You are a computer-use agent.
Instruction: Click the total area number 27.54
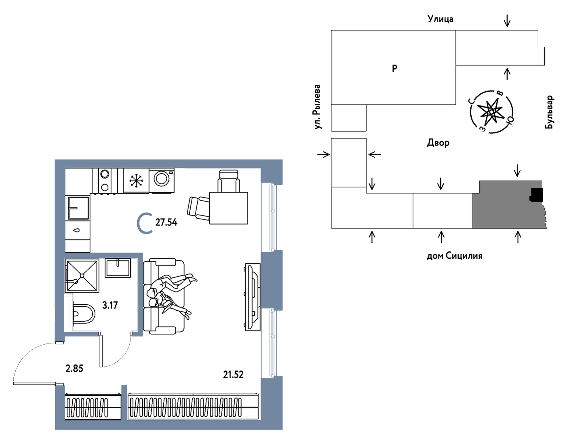(166, 223)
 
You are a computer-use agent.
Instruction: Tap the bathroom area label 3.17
(110, 305)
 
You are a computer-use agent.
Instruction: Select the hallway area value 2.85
(74, 369)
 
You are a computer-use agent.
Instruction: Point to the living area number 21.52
(233, 375)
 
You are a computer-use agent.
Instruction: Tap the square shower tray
(82, 276)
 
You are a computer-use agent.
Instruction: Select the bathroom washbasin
(118, 268)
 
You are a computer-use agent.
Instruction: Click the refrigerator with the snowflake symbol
(136, 181)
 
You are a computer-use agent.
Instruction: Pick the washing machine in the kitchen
(162, 181)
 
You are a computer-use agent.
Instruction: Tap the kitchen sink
(78, 208)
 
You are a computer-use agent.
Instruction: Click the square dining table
(229, 208)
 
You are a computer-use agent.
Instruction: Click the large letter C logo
(145, 223)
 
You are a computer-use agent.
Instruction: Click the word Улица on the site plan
(440, 19)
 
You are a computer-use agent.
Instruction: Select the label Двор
(438, 143)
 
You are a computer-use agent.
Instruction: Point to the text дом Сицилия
(455, 256)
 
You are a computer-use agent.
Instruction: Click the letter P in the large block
(394, 68)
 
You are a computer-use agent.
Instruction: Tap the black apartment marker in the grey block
(536, 195)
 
